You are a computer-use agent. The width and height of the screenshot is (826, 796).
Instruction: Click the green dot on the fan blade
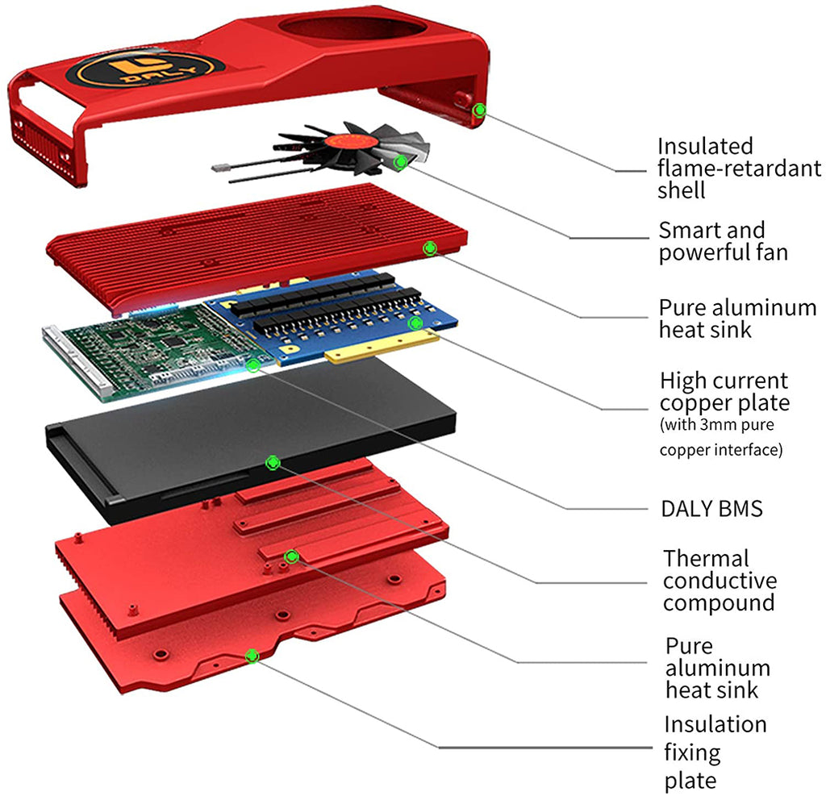(399, 162)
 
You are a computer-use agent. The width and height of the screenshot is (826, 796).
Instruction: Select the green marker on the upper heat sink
(430, 248)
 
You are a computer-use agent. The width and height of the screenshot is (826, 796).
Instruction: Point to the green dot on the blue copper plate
(415, 323)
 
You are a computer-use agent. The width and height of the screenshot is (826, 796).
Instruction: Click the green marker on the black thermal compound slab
(273, 462)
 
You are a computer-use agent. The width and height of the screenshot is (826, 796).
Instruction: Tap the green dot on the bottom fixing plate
(252, 656)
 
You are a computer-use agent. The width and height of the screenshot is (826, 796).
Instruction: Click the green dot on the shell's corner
(480, 110)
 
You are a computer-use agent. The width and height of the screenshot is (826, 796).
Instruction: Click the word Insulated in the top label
(705, 147)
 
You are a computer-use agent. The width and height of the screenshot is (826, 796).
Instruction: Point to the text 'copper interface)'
(720, 450)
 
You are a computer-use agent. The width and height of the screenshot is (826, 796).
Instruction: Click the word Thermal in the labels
(707, 558)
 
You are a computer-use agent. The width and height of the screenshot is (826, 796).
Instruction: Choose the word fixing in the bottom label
(692, 752)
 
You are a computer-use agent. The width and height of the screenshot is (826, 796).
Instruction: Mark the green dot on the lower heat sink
(290, 556)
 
